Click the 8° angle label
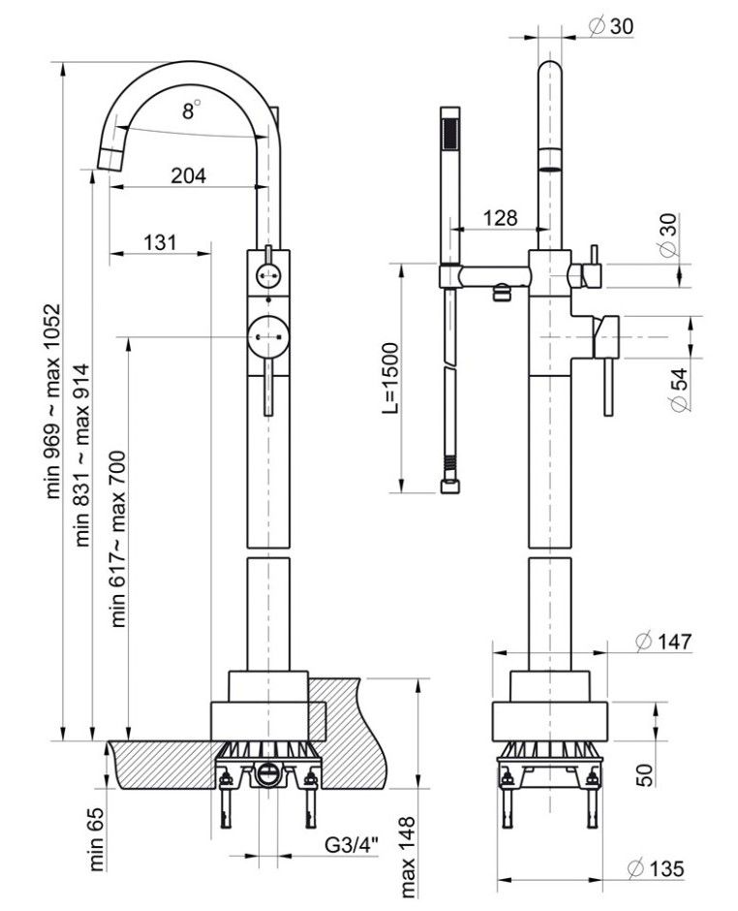[x=191, y=110]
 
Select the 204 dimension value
[x=189, y=175]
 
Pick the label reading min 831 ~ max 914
[x=84, y=455]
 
